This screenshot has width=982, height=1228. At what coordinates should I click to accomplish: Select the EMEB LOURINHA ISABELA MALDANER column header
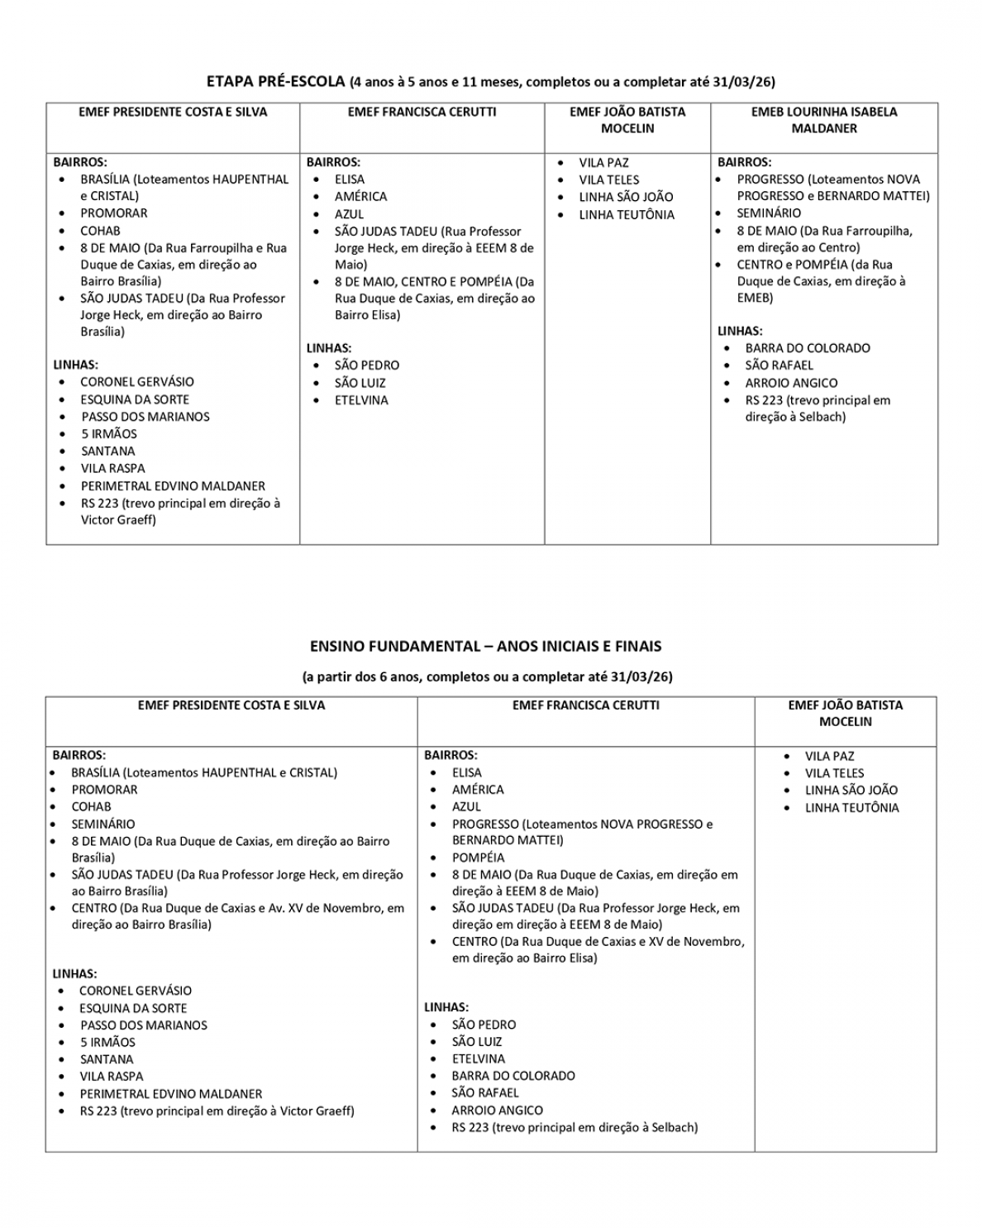(x=823, y=120)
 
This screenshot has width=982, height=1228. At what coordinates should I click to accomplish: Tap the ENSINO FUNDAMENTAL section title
(x=485, y=646)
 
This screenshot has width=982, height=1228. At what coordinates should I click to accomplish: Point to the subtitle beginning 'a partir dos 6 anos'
(x=488, y=676)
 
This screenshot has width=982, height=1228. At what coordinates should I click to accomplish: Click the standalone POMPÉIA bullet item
(x=478, y=858)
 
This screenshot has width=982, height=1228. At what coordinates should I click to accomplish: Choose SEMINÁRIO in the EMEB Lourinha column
(x=768, y=213)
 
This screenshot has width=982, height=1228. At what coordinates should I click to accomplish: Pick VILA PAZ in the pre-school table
(x=603, y=163)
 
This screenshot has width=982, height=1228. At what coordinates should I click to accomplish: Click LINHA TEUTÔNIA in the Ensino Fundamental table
(x=851, y=808)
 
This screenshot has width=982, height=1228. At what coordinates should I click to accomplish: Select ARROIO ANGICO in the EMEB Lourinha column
(x=791, y=383)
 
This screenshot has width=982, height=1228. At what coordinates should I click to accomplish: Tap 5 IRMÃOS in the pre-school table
(x=109, y=433)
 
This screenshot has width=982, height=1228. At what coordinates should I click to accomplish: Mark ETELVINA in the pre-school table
(x=361, y=400)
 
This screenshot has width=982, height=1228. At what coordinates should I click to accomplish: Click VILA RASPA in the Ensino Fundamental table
(x=112, y=1076)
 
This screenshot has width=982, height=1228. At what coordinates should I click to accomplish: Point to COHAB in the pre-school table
(x=100, y=231)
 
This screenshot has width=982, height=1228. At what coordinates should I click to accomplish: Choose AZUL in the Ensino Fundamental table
(x=466, y=806)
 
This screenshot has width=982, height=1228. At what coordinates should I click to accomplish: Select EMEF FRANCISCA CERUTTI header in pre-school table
(x=422, y=112)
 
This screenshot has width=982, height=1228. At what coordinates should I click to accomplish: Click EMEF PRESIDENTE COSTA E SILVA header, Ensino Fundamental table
(x=231, y=705)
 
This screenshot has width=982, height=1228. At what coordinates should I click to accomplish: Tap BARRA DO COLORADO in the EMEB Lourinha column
(x=807, y=348)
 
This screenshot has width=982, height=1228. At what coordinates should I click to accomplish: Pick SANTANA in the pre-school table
(x=107, y=451)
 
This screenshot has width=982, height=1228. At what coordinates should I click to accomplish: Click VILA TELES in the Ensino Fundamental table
(x=834, y=773)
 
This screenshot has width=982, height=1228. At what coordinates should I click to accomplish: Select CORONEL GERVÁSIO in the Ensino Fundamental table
(x=136, y=991)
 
